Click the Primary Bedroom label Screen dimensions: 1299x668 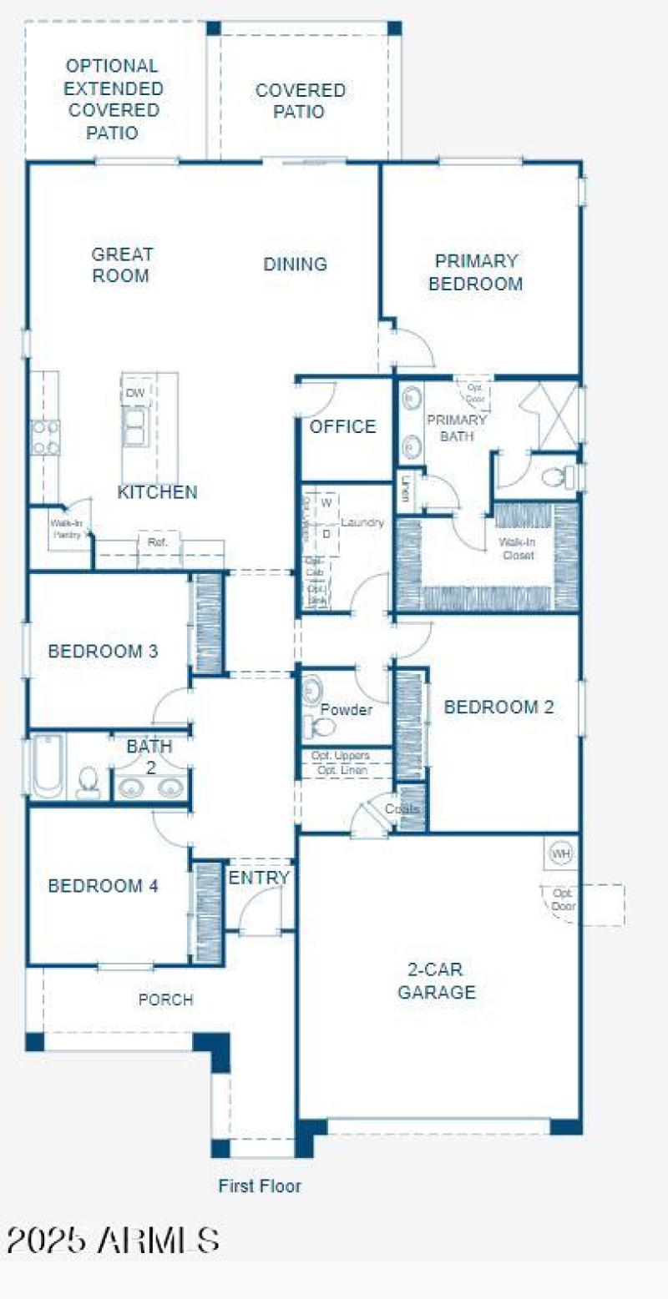click(476, 272)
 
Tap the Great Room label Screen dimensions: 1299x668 click(122, 264)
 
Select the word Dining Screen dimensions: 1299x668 click(295, 264)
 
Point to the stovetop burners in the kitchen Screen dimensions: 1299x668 click(45, 437)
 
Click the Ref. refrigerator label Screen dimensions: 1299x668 click(158, 542)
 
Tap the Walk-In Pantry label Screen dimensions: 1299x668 click(66, 529)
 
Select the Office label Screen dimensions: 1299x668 click(342, 426)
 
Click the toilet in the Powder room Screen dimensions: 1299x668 click(318, 728)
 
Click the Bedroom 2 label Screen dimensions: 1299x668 click(498, 707)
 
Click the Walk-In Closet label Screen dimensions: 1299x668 click(517, 548)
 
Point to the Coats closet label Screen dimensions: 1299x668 click(402, 809)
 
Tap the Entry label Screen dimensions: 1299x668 click(259, 878)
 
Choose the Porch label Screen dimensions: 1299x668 click(165, 999)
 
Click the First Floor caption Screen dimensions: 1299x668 click(260, 1186)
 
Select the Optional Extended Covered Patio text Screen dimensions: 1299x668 click(113, 98)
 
